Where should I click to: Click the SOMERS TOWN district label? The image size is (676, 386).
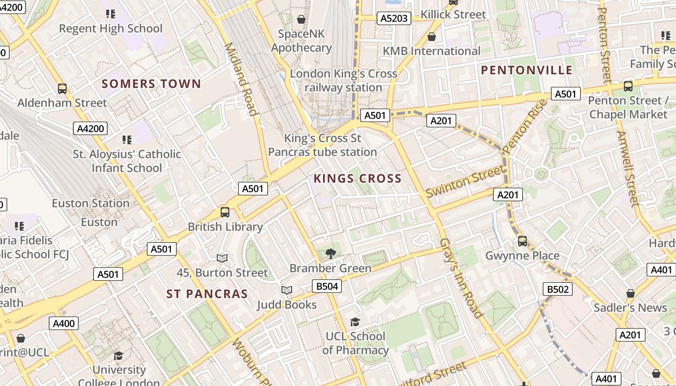coord(151,84)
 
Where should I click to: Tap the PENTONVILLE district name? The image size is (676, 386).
coord(527,70)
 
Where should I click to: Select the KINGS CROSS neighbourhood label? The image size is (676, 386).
coord(357,179)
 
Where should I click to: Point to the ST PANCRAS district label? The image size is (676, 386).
coord(207,294)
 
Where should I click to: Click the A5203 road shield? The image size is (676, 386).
coord(394,18)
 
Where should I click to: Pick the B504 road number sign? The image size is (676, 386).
coord(327,286)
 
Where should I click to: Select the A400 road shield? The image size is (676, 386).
coord(64,323)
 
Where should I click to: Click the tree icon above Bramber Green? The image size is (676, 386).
coord(331,253)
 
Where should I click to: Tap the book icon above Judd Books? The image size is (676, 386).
coord(287,290)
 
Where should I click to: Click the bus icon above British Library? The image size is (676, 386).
coord(225,212)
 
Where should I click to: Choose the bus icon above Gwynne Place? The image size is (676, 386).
coord(522,241)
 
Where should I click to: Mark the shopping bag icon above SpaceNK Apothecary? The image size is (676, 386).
coord(301,19)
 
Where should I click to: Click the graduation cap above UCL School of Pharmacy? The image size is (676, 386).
coord(355,322)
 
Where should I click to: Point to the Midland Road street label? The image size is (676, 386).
coord(240,80)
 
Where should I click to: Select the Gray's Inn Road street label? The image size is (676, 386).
coord(462,278)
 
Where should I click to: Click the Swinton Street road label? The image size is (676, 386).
coord(464,181)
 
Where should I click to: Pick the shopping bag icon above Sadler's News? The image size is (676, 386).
coord(630,293)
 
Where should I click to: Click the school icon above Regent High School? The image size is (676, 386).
coord(111,14)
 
